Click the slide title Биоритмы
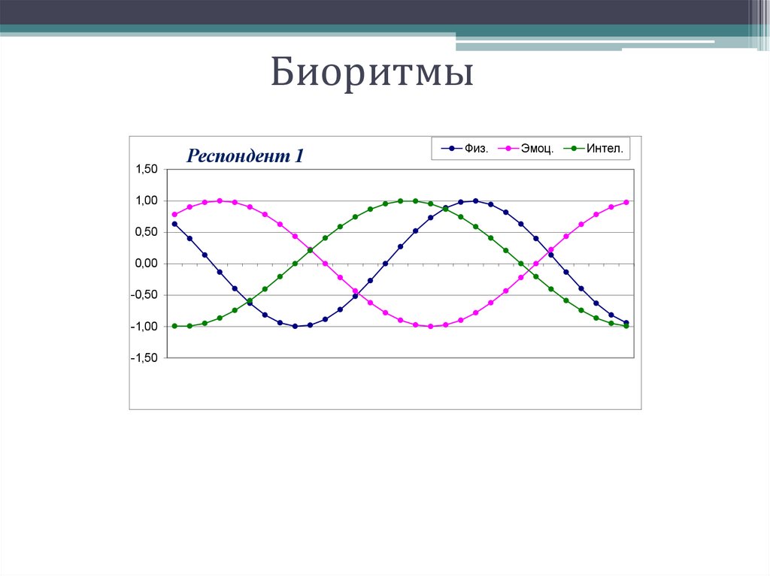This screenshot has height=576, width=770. pyautogui.click(x=372, y=75)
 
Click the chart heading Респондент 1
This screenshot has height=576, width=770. pyautogui.click(x=245, y=156)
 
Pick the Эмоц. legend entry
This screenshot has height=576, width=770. pyautogui.click(x=539, y=149)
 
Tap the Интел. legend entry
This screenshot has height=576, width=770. pyautogui.click(x=605, y=149)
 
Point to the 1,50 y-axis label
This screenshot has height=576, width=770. pyautogui.click(x=146, y=170)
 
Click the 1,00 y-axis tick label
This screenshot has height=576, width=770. pyautogui.click(x=146, y=201)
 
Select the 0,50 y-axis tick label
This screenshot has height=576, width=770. pyautogui.click(x=146, y=232)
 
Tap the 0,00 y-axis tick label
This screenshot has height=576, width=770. pyautogui.click(x=146, y=264)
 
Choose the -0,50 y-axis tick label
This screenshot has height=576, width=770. pyautogui.click(x=144, y=295)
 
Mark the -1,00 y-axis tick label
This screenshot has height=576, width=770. pyautogui.click(x=144, y=327)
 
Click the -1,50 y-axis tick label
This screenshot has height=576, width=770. pyautogui.click(x=144, y=358)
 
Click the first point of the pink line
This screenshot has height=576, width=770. pyautogui.click(x=174, y=214)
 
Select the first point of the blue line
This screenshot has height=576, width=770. pyautogui.click(x=174, y=224)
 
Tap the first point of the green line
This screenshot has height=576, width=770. pyautogui.click(x=174, y=326)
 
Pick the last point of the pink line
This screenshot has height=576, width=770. pyautogui.click(x=626, y=202)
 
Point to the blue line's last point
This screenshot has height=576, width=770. pyautogui.click(x=626, y=323)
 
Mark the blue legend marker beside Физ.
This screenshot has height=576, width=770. pyautogui.click(x=451, y=149)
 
